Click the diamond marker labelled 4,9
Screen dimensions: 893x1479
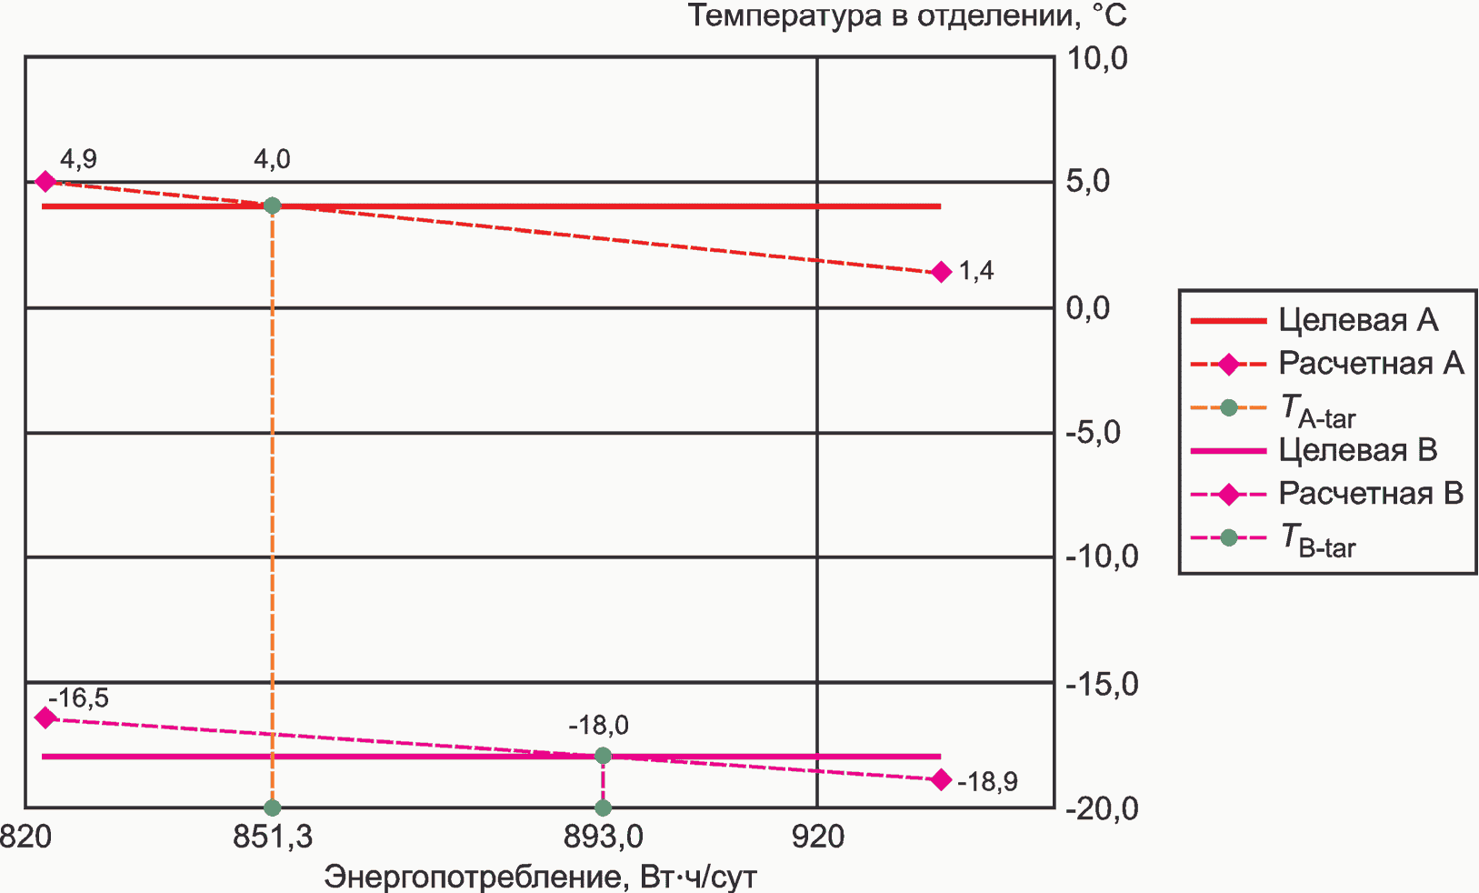click(x=45, y=182)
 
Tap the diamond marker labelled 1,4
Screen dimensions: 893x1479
click(x=941, y=272)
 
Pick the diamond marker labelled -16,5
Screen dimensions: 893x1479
click(x=45, y=717)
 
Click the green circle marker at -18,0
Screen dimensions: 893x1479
click(x=603, y=756)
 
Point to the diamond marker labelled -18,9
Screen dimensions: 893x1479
click(x=941, y=780)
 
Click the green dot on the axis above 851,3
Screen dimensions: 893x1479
click(x=272, y=808)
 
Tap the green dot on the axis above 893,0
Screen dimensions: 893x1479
click(x=603, y=808)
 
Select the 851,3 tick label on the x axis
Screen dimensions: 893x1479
click(x=272, y=837)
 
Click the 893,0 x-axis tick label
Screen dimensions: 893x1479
click(x=603, y=837)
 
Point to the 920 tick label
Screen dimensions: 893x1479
click(x=817, y=837)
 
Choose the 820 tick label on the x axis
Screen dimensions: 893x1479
click(x=25, y=837)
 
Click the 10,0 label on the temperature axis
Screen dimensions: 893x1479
click(x=1096, y=58)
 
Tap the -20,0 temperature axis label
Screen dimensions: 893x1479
click(x=1101, y=808)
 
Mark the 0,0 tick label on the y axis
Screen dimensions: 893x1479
click(x=1088, y=308)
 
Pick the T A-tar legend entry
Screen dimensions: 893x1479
click(x=1317, y=410)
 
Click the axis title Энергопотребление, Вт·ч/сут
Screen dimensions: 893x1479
click(x=540, y=877)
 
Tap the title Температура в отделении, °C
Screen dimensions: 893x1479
click(x=906, y=16)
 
